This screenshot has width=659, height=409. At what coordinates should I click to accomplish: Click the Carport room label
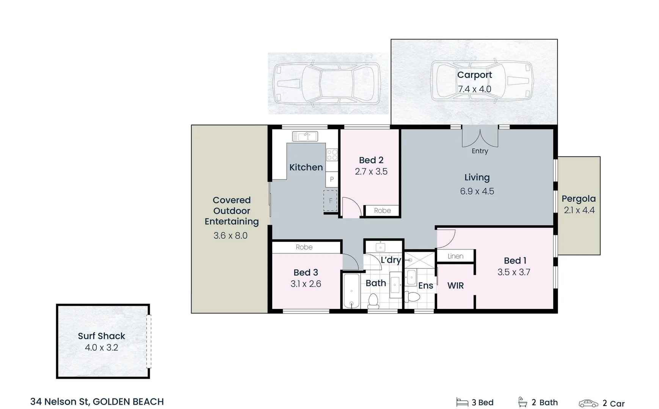[x=474, y=75]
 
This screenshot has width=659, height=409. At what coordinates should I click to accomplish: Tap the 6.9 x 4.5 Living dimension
[x=477, y=191]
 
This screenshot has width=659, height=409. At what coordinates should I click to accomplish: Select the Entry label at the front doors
[x=480, y=151]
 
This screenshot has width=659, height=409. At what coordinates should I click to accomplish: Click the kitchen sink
[x=305, y=136]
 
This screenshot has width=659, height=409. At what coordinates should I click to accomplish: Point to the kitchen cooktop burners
[x=332, y=155]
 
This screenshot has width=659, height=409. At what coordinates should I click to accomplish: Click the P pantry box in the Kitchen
[x=332, y=179]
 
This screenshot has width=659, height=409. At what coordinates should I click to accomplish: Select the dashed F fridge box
[x=330, y=201]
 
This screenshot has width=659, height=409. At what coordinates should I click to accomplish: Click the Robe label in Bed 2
[x=382, y=211]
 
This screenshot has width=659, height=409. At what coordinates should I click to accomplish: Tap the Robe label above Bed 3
[x=304, y=247]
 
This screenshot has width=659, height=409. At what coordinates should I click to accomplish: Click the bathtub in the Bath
[x=351, y=291]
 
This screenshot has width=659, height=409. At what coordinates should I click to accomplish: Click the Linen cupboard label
[x=455, y=256]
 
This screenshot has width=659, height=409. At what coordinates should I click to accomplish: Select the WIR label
[x=455, y=286]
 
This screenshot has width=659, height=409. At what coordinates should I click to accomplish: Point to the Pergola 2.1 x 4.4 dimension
[x=579, y=210]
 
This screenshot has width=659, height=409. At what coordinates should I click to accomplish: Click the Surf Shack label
[x=101, y=336]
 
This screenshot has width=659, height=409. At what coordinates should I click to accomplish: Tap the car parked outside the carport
[x=328, y=84]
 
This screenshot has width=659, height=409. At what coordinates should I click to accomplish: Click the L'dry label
[x=391, y=260]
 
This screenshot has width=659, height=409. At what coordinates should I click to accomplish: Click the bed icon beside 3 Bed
[x=462, y=402]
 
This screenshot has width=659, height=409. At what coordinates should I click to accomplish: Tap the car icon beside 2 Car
[x=588, y=403]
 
